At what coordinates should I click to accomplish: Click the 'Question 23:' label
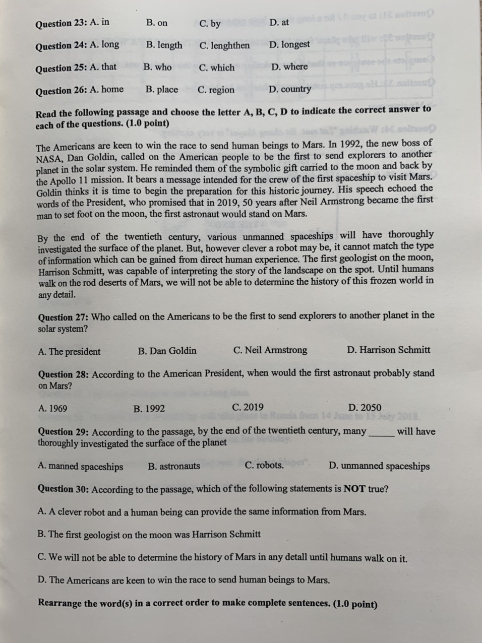click(61, 24)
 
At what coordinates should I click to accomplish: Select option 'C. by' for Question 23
click(210, 24)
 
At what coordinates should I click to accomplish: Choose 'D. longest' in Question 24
click(289, 45)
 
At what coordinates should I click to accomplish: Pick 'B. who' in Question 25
click(157, 67)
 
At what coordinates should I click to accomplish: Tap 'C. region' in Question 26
click(216, 90)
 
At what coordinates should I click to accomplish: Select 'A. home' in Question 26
click(106, 90)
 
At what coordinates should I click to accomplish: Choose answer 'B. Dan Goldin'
click(167, 351)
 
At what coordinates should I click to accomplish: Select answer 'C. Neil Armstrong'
click(270, 350)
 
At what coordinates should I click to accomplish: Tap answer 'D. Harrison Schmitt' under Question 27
click(388, 350)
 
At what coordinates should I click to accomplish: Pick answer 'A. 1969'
click(52, 409)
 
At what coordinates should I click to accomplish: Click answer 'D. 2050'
click(365, 407)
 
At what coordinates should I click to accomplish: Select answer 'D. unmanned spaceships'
click(379, 466)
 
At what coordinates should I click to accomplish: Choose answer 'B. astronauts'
click(174, 466)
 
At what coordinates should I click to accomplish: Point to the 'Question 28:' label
click(64, 374)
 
